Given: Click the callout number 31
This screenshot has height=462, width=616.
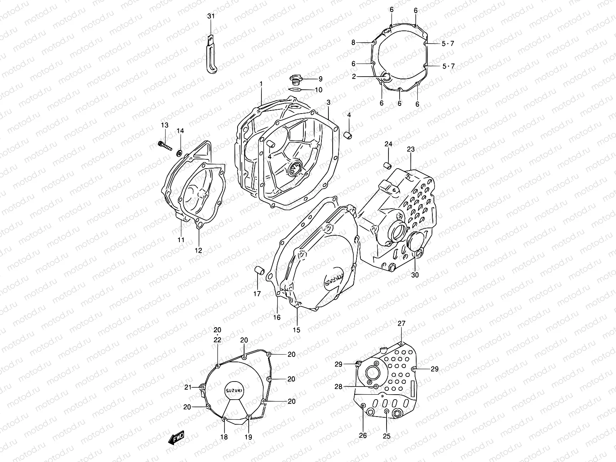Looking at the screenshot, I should pos(211,16).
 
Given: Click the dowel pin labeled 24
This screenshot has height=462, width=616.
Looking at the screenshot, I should pos(388,166).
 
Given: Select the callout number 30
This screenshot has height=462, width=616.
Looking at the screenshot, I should pos(415,275).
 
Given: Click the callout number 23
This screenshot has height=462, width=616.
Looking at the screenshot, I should pos(410,149).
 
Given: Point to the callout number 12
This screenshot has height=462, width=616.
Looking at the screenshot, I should pos(198,250).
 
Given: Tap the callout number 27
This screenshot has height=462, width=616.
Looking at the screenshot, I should pos(402,323).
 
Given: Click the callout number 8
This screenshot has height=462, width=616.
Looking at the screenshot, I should pos(353,43).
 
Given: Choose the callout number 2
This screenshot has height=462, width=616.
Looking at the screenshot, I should pos(353,76).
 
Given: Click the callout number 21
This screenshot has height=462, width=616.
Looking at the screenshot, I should pos(187,387).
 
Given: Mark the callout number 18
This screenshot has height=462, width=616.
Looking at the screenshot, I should pos(224,437).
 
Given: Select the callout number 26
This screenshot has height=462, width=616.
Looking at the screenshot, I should pos(363,436).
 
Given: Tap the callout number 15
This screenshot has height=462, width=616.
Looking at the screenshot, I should pos(296,330).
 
